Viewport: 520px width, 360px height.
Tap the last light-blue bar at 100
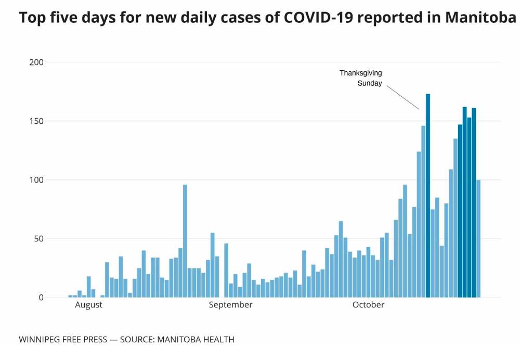coord(478,239)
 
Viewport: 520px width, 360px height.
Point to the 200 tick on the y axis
coord(37,62)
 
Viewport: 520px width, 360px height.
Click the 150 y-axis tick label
coord(37,121)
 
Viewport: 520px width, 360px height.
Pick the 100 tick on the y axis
coord(37,180)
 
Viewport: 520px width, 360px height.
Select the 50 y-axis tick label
coord(39,239)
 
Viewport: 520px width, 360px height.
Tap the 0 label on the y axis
coord(41,298)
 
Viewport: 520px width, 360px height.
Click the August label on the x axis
coord(89,305)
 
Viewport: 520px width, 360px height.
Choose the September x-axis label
coord(230,305)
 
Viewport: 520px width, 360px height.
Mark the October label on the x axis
coord(368,305)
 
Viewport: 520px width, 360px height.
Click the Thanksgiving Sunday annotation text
coord(361,78)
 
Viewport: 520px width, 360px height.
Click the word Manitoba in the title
coord(480,18)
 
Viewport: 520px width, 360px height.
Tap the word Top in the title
coord(31,18)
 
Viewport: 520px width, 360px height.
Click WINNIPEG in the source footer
coord(39,340)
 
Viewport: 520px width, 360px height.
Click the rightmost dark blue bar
coord(474,203)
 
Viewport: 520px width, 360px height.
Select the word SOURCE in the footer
coord(137,340)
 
